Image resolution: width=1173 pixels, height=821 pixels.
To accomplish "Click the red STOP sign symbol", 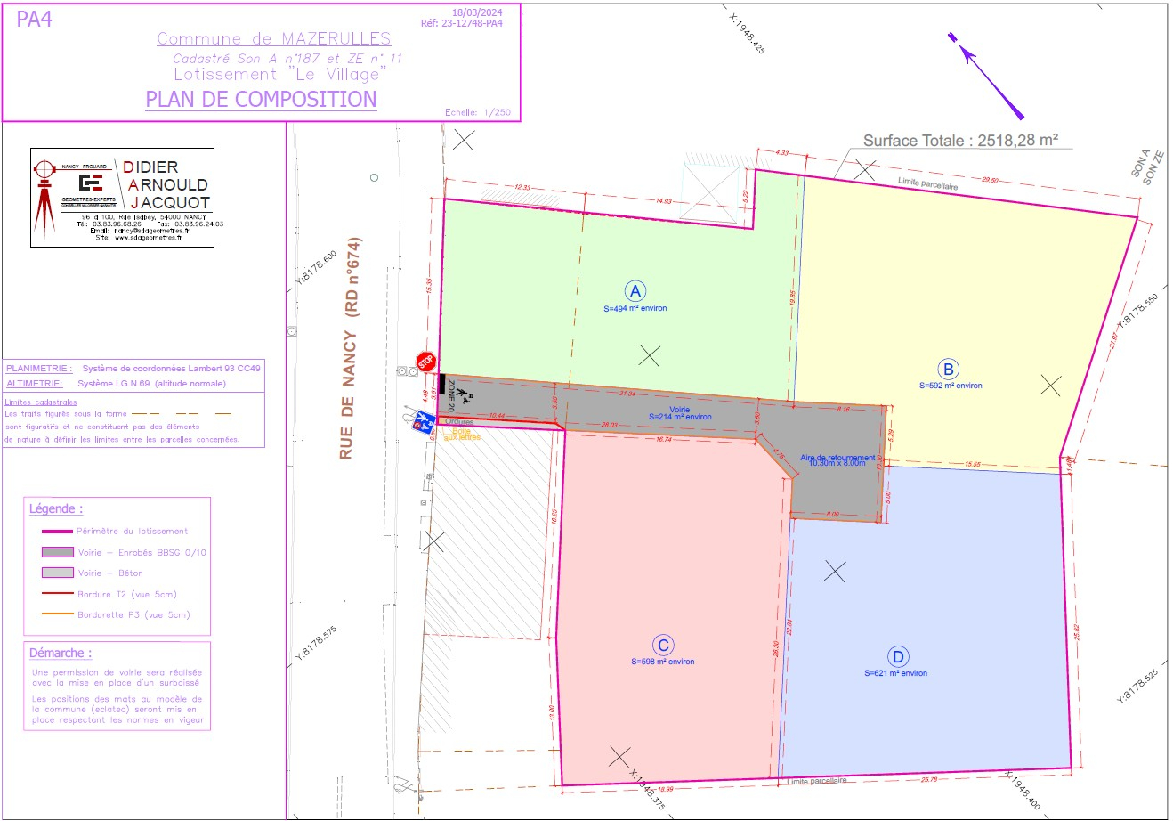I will click(x=426, y=362).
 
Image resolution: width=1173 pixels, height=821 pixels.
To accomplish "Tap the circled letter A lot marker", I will click(x=635, y=291).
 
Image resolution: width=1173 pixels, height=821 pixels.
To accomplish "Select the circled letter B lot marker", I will click(x=949, y=369).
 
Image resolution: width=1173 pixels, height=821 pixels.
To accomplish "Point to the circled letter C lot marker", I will click(x=662, y=646).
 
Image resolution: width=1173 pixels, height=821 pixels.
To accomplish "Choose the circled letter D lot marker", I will click(x=898, y=658).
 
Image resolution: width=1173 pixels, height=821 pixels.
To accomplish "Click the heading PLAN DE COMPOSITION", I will click(x=261, y=99).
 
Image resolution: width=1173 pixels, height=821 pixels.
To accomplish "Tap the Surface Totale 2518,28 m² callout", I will click(x=960, y=141).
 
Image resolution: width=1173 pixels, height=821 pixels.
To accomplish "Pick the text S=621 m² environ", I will click(x=895, y=673).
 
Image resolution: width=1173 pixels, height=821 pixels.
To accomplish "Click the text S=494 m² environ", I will click(x=635, y=308).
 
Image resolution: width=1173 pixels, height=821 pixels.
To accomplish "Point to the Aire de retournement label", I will click(x=837, y=459).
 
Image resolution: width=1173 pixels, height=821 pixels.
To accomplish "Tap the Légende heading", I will click(x=56, y=509).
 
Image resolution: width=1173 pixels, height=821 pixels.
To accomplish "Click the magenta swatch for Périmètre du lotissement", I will click(x=57, y=532).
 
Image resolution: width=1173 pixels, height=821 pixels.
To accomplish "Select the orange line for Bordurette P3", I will click(x=57, y=615).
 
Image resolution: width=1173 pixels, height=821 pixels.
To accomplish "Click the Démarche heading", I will click(x=60, y=653).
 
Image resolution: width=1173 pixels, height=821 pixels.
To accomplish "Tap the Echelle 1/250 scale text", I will click(x=477, y=112).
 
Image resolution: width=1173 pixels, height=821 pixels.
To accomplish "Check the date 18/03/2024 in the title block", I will click(x=477, y=12).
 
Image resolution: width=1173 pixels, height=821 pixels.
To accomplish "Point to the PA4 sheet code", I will click(x=35, y=20).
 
